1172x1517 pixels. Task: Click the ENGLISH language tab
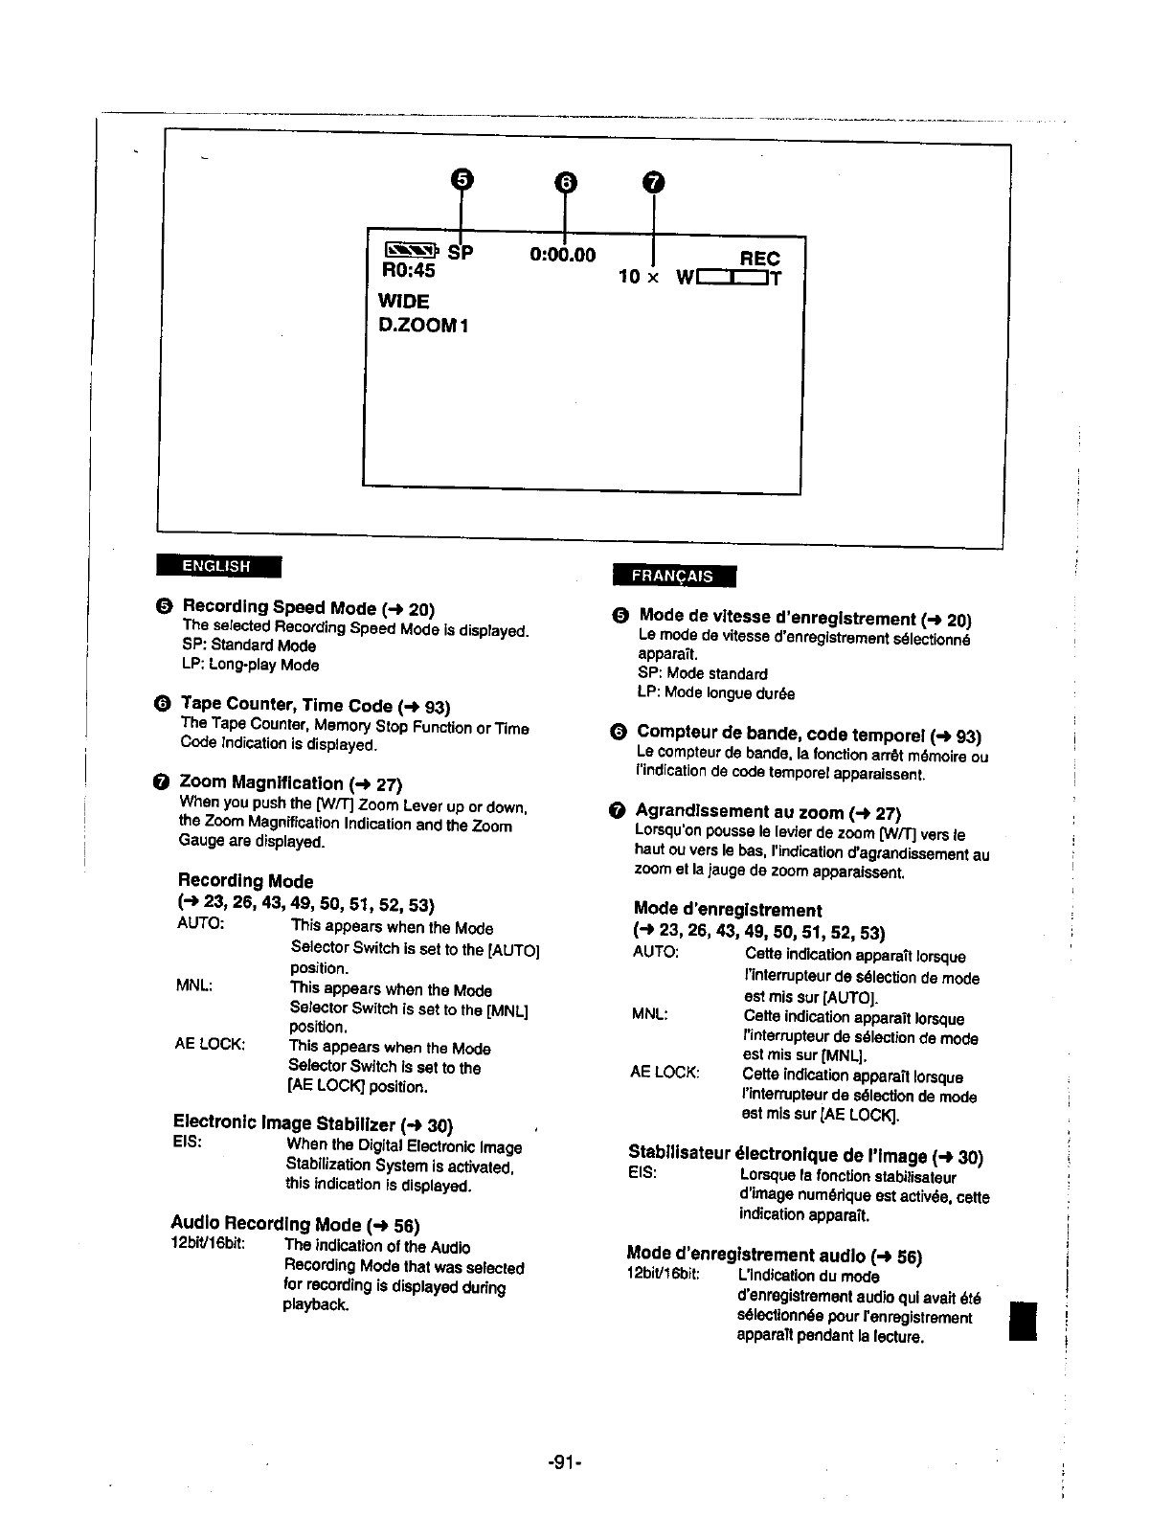click(x=217, y=566)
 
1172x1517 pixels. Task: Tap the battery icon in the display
click(x=411, y=252)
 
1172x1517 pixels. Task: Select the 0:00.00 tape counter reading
click(x=562, y=255)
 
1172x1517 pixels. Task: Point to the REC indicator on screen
click(x=760, y=259)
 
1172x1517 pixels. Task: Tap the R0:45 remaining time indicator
click(x=407, y=271)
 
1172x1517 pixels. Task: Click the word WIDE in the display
click(x=404, y=301)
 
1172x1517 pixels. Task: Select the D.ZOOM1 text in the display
click(x=422, y=325)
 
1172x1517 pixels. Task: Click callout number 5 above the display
click(x=462, y=180)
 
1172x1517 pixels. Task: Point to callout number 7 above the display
click(x=653, y=182)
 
